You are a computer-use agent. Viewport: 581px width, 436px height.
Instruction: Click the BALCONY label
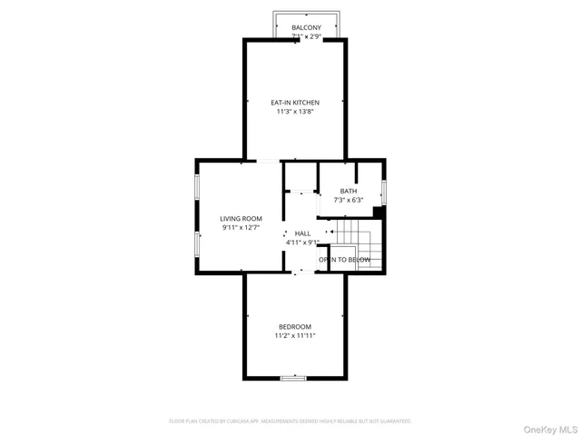(306, 28)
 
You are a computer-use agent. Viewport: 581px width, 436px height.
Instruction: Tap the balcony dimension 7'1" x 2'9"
(306, 37)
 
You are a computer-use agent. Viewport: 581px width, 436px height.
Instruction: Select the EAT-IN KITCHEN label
(296, 103)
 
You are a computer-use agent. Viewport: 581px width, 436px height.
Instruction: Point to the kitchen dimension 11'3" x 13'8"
(296, 112)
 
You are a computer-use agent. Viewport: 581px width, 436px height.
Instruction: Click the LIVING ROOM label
(241, 219)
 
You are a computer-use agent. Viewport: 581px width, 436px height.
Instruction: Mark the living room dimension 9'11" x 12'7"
(241, 228)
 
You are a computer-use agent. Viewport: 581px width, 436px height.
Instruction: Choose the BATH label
(349, 191)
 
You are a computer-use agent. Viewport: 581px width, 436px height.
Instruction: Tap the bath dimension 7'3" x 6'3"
(349, 200)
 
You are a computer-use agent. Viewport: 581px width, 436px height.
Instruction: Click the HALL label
(302, 233)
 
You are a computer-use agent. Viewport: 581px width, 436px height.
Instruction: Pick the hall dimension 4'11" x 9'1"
(302, 243)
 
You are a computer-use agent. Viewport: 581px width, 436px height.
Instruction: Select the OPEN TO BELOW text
(345, 260)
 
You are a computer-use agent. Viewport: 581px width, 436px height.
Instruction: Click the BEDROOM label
(295, 327)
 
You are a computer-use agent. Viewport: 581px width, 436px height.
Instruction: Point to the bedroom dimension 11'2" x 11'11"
(295, 336)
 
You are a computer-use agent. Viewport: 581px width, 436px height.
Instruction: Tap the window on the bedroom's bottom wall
(293, 377)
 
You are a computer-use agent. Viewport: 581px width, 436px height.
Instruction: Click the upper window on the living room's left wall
(197, 188)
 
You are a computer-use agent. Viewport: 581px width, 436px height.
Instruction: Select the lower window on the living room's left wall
(197, 244)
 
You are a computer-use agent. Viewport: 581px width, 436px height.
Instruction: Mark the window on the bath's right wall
(384, 192)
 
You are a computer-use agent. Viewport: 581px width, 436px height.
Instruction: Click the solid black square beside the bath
(379, 213)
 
